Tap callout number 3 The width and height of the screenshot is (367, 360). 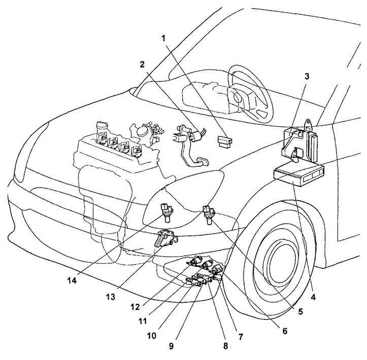pyautogui.click(x=307, y=76)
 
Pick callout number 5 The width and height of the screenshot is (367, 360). pyautogui.click(x=301, y=312)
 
